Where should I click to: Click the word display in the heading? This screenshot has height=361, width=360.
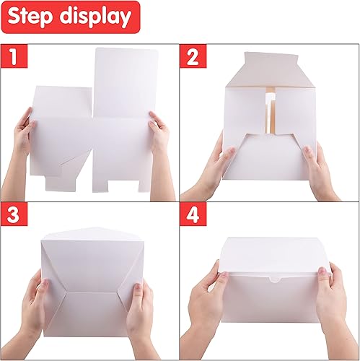coord(95,17)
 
